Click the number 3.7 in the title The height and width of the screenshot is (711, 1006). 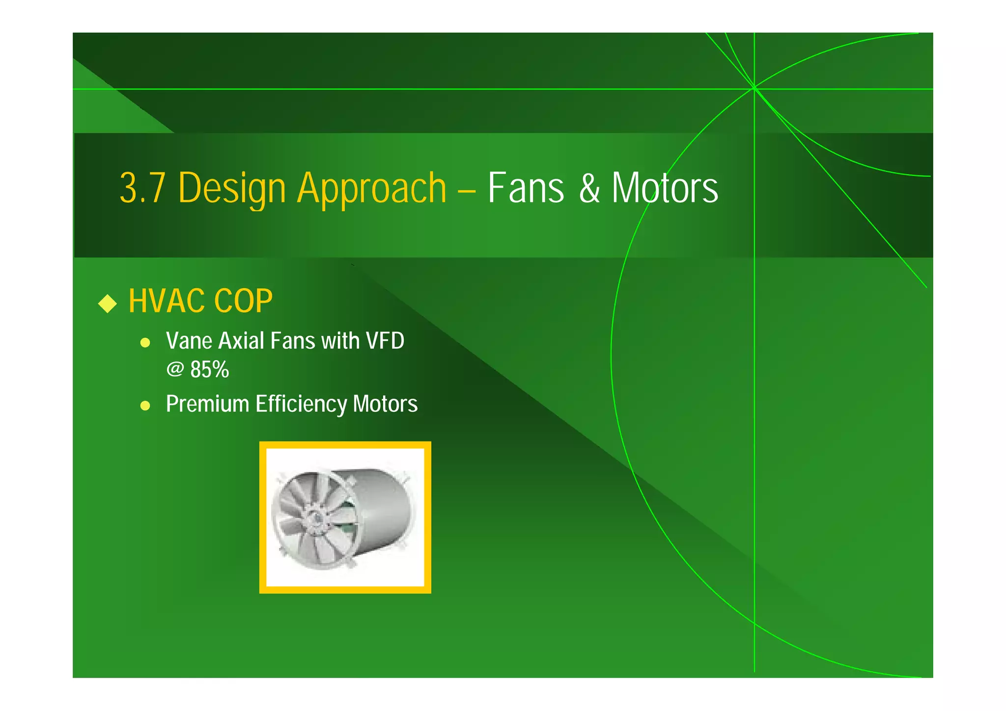(x=142, y=189)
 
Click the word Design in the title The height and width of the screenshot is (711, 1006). (x=231, y=189)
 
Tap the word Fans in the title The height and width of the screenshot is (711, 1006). (x=526, y=189)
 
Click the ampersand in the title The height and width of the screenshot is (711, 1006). (x=589, y=189)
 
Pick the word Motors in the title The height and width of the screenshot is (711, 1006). (x=665, y=189)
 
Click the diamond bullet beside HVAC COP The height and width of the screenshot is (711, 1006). (x=107, y=303)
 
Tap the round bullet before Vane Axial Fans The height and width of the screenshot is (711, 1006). (x=145, y=343)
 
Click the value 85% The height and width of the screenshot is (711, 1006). (x=210, y=370)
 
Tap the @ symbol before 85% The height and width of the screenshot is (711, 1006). (x=175, y=369)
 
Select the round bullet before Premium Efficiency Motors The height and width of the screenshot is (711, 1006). (x=145, y=406)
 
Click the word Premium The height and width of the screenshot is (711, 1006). (x=207, y=404)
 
